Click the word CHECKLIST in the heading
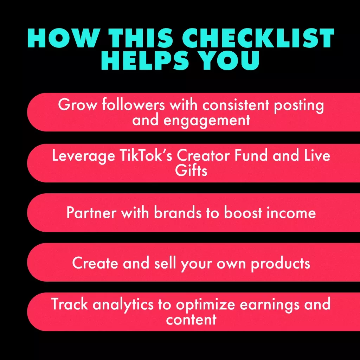[258, 38]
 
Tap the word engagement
[207, 121]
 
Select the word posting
[299, 106]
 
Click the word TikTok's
[146, 155]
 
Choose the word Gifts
[191, 171]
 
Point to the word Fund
[251, 155]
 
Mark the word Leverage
[83, 156]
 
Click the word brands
[178, 212]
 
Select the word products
[280, 264]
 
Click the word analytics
[123, 305]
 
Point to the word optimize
[205, 305]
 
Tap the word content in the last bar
[191, 320]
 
